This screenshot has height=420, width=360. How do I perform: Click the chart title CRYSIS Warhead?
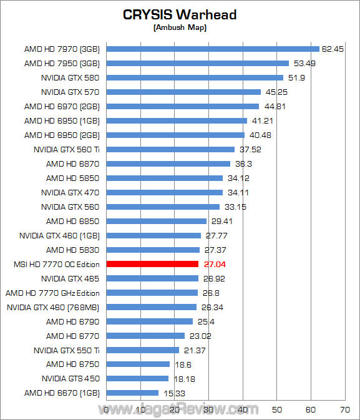coord(180,14)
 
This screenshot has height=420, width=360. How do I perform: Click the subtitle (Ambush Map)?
coord(180,27)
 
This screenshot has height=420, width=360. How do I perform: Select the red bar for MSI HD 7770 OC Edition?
coord(153,264)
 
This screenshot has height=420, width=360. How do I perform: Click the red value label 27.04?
coord(212,264)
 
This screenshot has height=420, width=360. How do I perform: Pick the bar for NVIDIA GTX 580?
coord(195,77)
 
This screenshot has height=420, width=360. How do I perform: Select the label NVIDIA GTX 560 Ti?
coord(68,149)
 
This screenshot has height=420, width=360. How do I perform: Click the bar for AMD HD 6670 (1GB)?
coord(133,393)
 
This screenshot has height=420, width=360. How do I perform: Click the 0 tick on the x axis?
coord(107,409)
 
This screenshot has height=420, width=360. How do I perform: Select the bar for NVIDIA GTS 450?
coord(138,378)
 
